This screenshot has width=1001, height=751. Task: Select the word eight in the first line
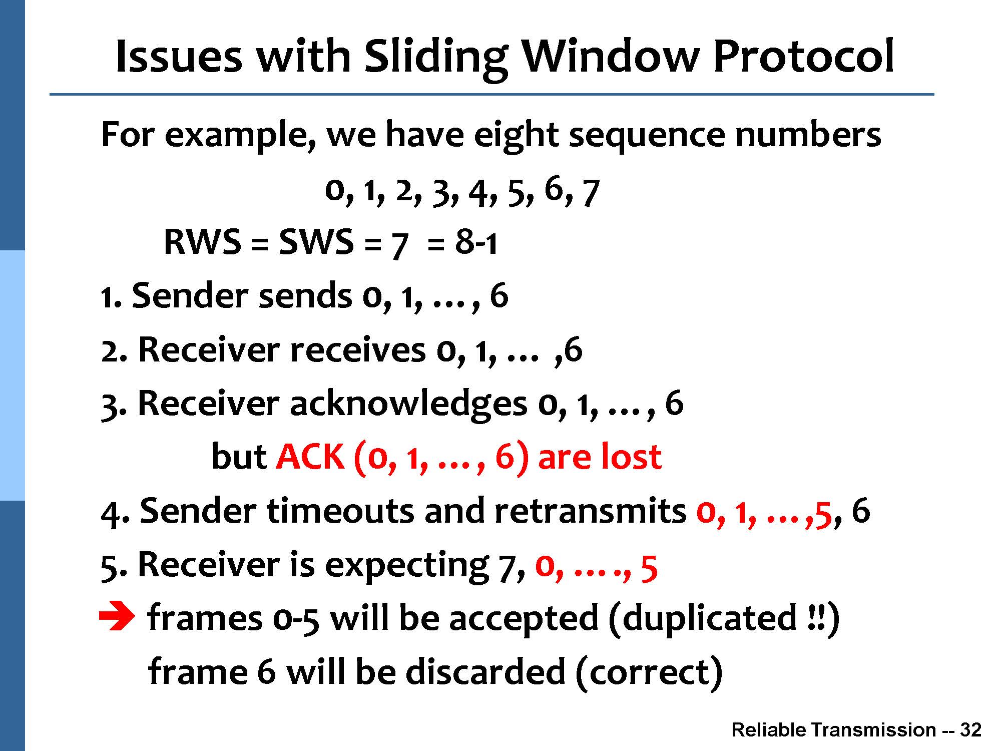(x=516, y=135)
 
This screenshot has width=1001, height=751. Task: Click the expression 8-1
(x=475, y=242)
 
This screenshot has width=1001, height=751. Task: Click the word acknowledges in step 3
(x=408, y=404)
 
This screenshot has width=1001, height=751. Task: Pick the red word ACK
(x=310, y=457)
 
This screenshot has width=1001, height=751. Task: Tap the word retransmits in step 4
(x=591, y=511)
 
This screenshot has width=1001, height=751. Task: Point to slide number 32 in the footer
(x=970, y=730)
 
